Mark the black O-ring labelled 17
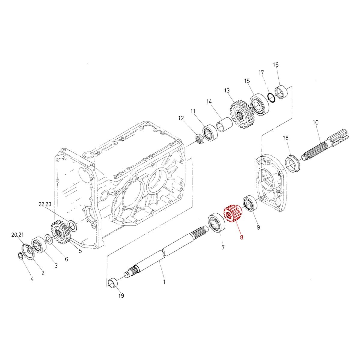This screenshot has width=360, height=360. (271, 97)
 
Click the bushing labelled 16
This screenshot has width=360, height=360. (282, 92)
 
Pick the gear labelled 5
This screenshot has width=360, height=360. (61, 233)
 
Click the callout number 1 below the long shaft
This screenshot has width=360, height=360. (164, 282)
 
